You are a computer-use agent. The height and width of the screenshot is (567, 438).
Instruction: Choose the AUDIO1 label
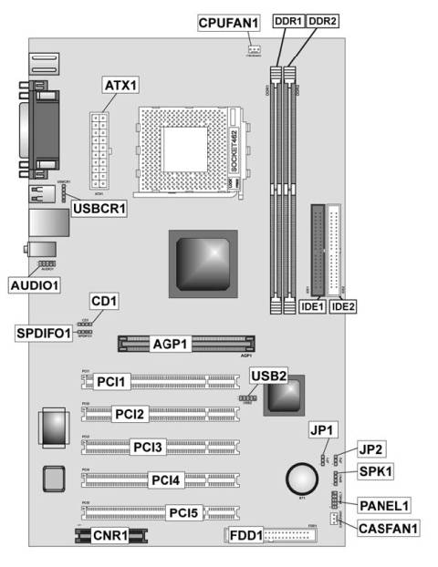tap(35, 284)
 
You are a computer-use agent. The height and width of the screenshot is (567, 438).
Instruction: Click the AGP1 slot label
tap(171, 345)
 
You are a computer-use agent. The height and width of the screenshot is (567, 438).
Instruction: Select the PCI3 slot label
tap(148, 447)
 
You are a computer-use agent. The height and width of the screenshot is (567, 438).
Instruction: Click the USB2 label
tap(269, 376)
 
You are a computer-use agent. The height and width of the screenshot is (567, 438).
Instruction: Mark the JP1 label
tap(323, 430)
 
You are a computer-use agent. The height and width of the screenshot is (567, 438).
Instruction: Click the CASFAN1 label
tap(388, 526)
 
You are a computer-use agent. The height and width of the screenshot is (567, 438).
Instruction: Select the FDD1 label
tap(245, 535)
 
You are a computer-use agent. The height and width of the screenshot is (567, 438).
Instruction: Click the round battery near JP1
tap(300, 477)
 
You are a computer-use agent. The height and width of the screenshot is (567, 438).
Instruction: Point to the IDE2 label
tap(343, 307)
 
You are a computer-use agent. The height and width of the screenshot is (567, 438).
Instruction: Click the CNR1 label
tap(110, 536)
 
